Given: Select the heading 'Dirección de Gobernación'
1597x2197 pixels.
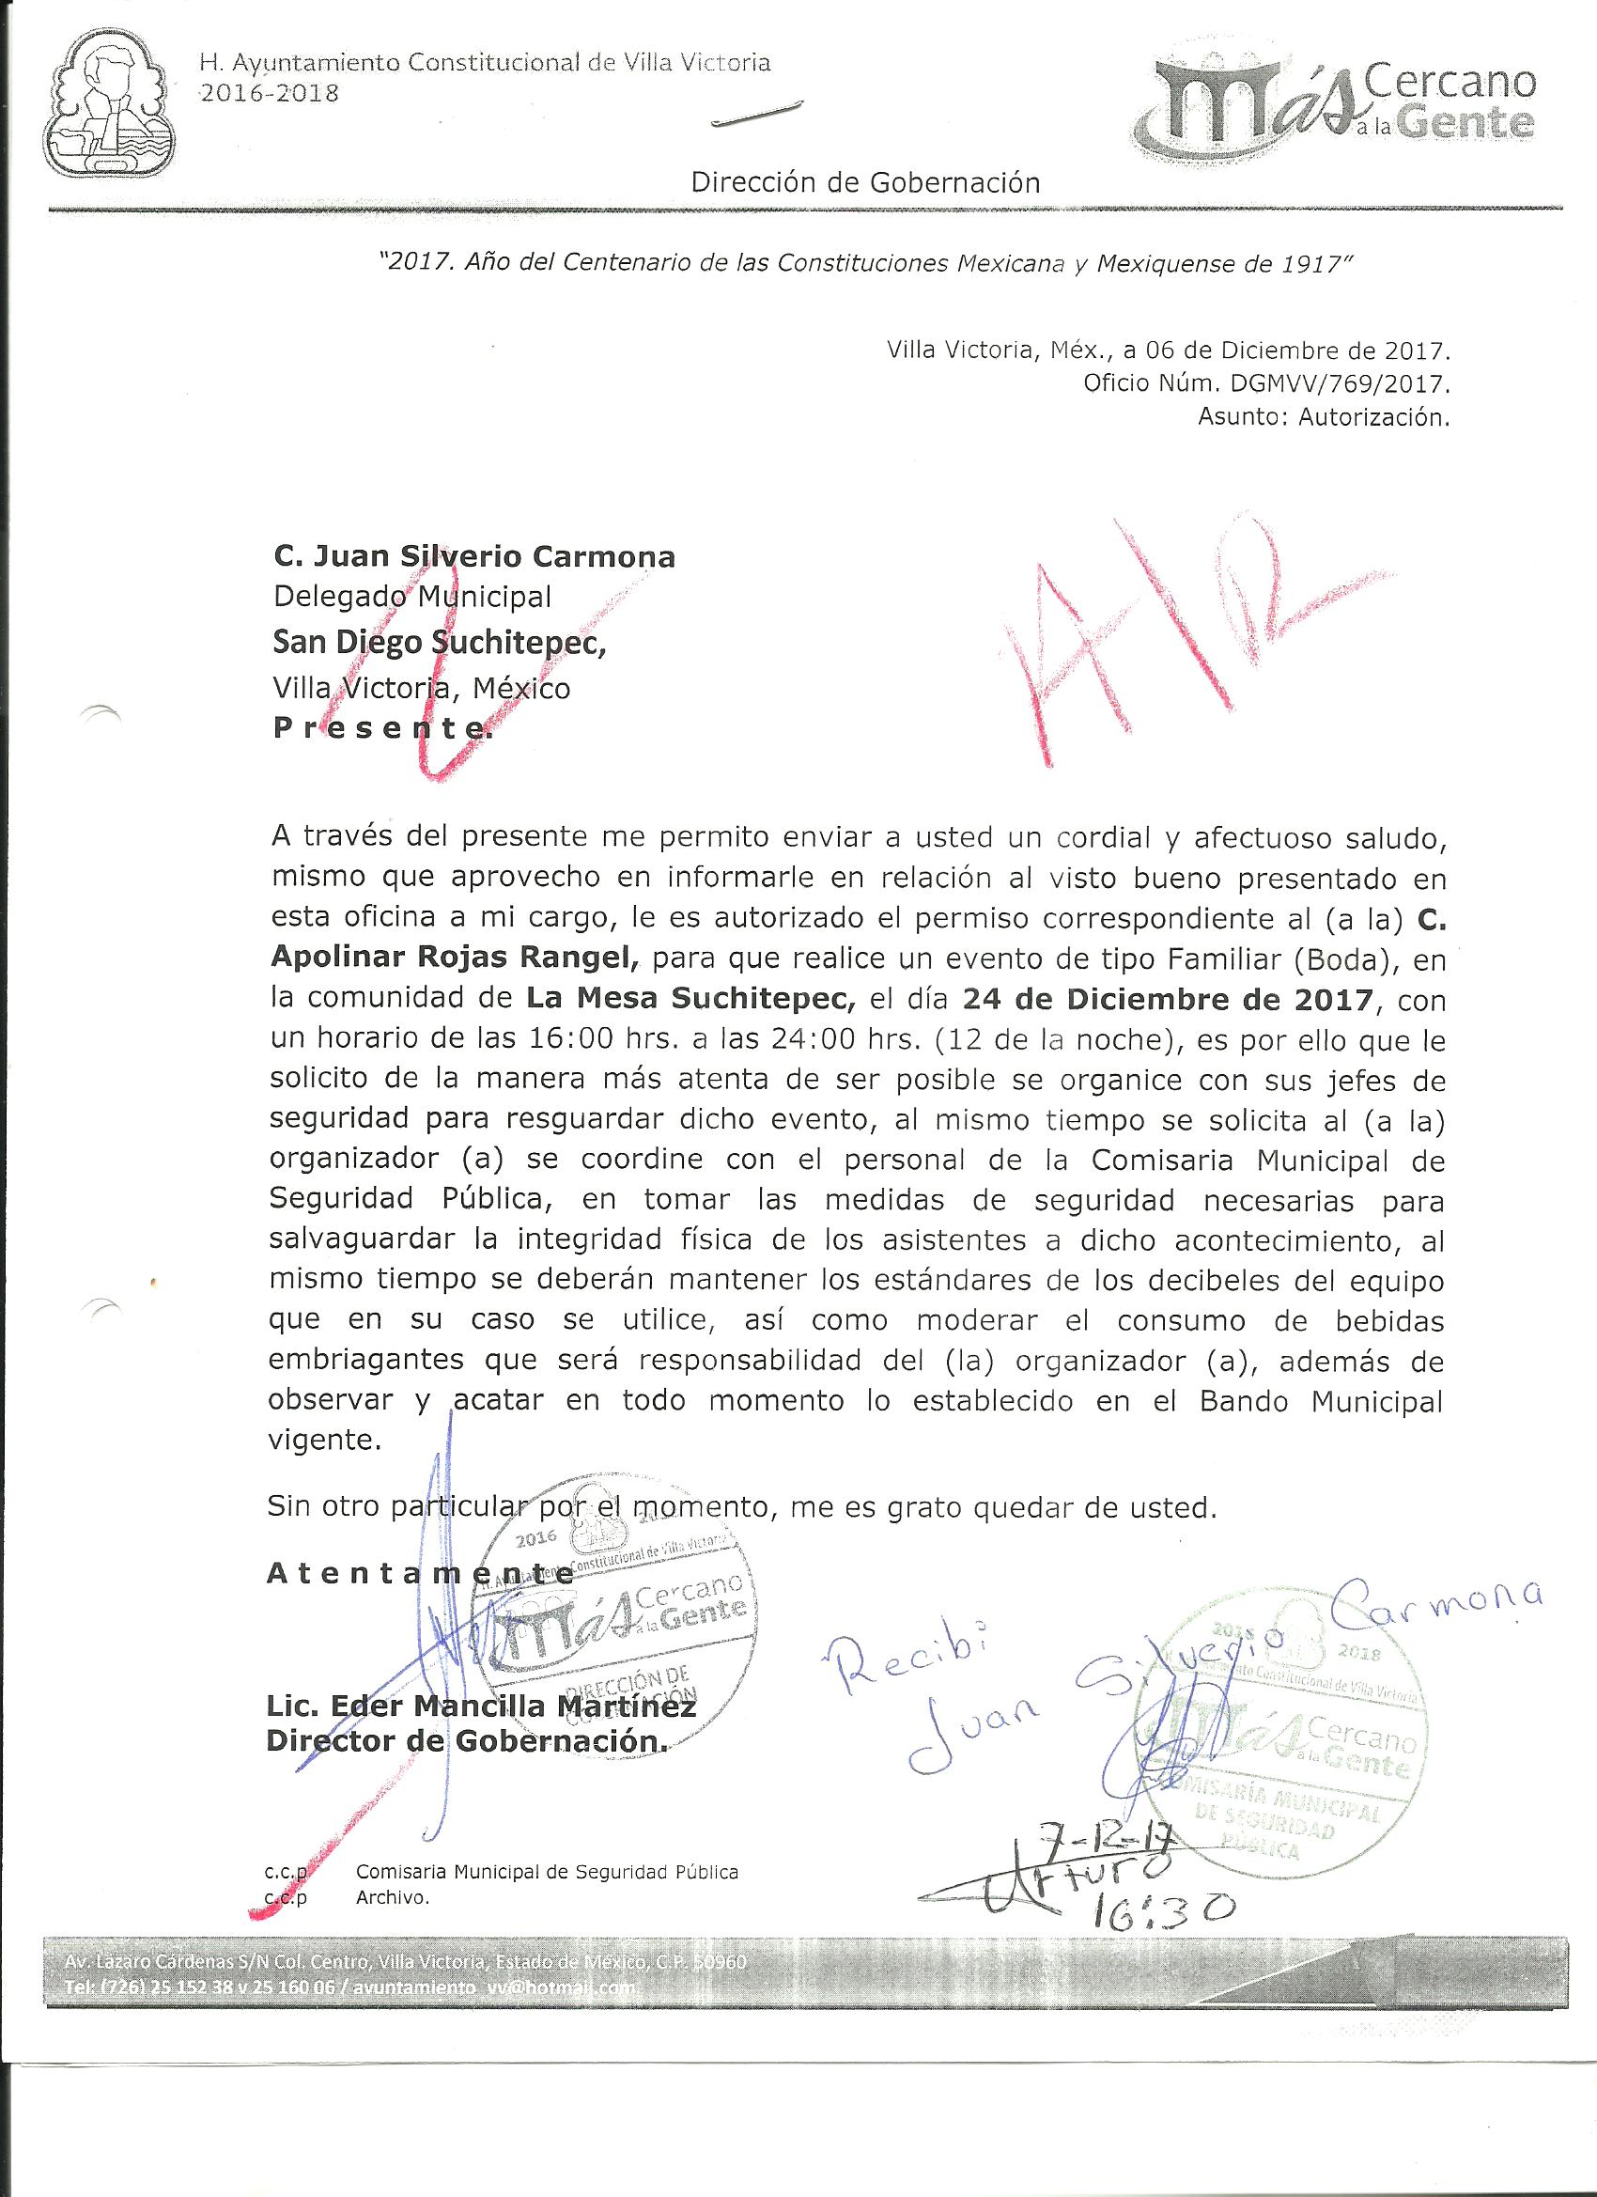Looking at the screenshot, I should (865, 182).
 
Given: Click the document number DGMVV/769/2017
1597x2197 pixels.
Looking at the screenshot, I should (1340, 383).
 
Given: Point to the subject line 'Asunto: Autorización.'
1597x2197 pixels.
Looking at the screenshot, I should (1323, 418).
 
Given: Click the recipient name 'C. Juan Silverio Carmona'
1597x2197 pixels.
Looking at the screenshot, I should (474, 557).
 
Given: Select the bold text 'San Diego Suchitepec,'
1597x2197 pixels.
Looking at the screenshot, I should (440, 642).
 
